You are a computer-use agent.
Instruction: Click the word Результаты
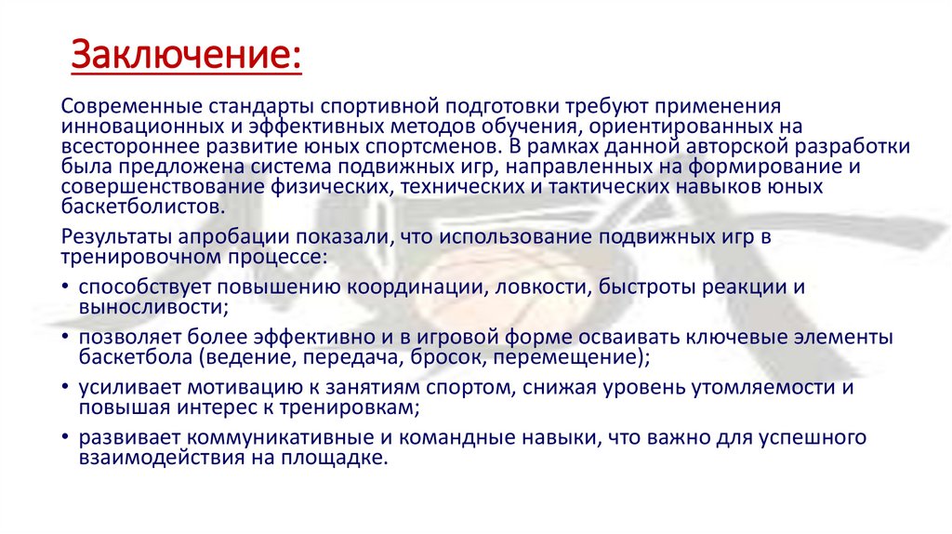point(109,237)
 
